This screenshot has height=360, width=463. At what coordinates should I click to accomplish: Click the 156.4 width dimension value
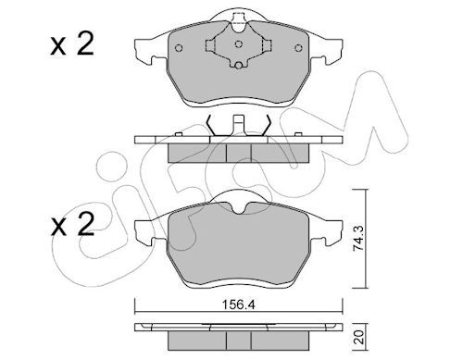(239, 304)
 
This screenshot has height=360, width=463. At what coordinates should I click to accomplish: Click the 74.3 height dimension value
(358, 239)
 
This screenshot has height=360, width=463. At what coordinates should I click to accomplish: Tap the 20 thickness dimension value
(359, 337)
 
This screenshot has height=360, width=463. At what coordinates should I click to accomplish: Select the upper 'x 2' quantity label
(72, 45)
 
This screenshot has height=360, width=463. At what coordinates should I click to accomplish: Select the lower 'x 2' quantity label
(72, 225)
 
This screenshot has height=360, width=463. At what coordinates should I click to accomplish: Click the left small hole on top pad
(179, 48)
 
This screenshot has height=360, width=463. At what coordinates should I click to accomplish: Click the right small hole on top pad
(298, 48)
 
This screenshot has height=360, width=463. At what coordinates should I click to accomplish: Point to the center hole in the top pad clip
(238, 44)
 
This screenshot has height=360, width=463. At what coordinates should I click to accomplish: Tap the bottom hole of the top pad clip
(238, 66)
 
